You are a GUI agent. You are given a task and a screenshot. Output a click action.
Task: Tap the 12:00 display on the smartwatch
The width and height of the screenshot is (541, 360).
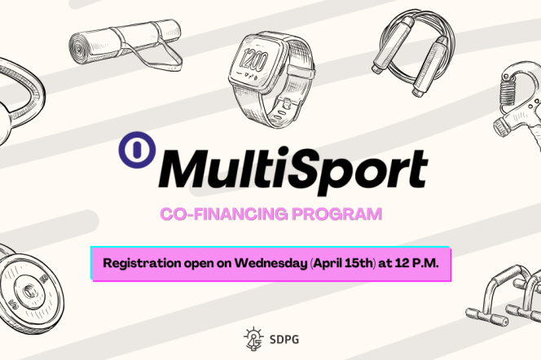(x=255, y=61)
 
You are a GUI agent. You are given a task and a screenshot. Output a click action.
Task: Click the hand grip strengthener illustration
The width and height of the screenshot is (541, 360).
(x=515, y=106)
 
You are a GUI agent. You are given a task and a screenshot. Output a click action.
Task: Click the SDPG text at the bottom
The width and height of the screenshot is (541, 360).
(x=279, y=336)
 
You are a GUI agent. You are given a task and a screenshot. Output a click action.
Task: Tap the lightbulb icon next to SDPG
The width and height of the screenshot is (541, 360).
(x=253, y=335)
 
